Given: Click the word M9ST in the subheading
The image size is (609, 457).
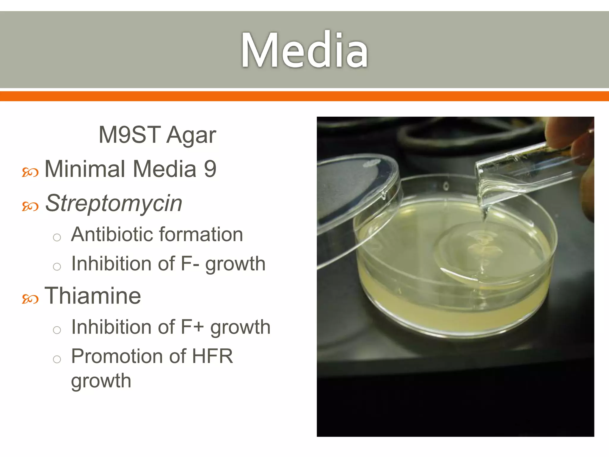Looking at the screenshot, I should [130, 135].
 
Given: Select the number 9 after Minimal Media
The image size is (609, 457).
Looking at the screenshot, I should [210, 169].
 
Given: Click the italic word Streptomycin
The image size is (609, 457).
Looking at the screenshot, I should [114, 204].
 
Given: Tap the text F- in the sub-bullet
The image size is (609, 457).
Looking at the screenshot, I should [190, 264].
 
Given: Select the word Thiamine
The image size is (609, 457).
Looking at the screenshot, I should [92, 296].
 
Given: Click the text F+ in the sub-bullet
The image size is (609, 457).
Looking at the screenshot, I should [192, 327].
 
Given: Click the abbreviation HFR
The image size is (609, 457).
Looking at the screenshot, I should [212, 356].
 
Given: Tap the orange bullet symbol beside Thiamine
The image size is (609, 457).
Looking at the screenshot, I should [30, 299].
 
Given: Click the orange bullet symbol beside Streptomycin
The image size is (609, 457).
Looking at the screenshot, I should [30, 206].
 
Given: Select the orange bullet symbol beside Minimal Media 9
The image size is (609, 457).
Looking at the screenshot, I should [30, 172].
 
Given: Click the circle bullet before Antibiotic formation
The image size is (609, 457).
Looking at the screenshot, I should [57, 237].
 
